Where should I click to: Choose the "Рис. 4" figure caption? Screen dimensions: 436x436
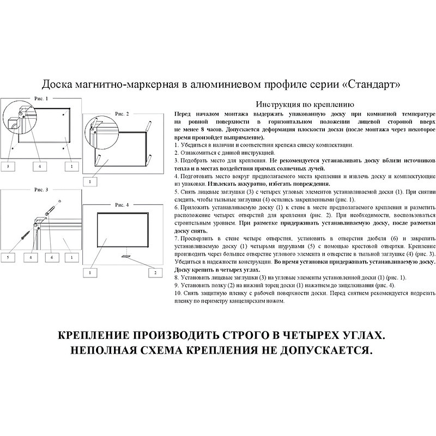122,204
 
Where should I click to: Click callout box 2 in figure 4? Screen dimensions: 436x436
154,271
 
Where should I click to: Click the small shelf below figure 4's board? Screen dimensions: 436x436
125,254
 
